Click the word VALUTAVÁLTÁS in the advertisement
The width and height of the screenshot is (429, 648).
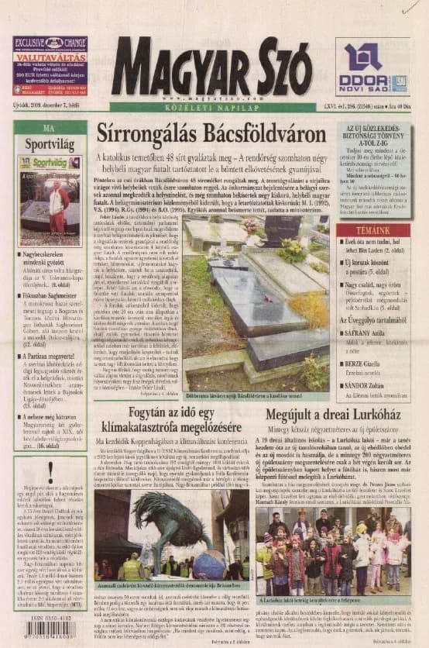click(x=50, y=57)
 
